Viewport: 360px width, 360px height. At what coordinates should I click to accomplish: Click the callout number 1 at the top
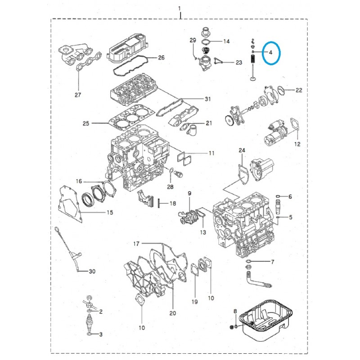[x=180, y=9]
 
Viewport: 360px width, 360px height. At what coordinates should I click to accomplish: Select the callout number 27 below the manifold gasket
[x=78, y=95]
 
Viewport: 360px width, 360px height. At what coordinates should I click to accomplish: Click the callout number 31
[x=207, y=99]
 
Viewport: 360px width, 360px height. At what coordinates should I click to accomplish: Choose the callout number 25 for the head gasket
[x=86, y=123]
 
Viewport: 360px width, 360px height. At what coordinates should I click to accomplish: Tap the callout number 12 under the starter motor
[x=297, y=144]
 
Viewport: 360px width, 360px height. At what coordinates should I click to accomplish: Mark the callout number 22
[x=299, y=90]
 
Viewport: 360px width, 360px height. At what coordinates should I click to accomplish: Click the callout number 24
[x=242, y=150]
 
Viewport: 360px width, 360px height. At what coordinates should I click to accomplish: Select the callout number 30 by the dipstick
[x=92, y=271]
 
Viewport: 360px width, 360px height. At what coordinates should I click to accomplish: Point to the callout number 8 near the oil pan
[x=235, y=311]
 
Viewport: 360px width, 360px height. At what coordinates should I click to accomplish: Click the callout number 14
[x=226, y=41]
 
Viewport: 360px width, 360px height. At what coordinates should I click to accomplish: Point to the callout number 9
[x=189, y=193]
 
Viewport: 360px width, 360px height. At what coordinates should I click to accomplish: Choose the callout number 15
[x=109, y=212]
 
